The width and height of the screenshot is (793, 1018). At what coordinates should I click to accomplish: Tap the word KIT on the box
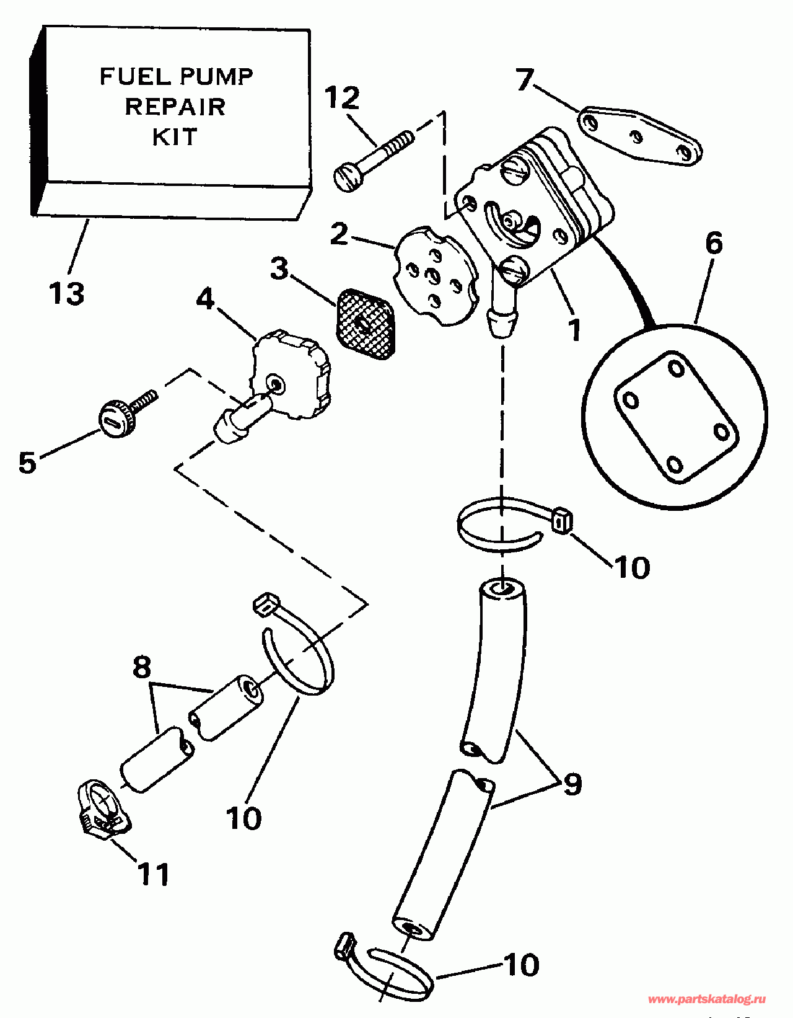pos(175,137)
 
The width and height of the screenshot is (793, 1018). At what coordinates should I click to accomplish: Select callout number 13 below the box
pos(66,294)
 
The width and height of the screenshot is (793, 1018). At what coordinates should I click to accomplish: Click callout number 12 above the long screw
pos(342,97)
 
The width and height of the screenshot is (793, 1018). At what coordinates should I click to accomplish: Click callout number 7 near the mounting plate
pos(525,79)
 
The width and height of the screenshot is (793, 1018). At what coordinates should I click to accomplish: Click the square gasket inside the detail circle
pos(676,417)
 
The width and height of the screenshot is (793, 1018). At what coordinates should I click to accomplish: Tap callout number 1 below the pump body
pos(574,330)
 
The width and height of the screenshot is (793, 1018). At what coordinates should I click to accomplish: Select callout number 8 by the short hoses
pos(142,666)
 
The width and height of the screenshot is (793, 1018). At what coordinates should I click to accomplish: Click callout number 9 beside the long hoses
pos(572,784)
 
